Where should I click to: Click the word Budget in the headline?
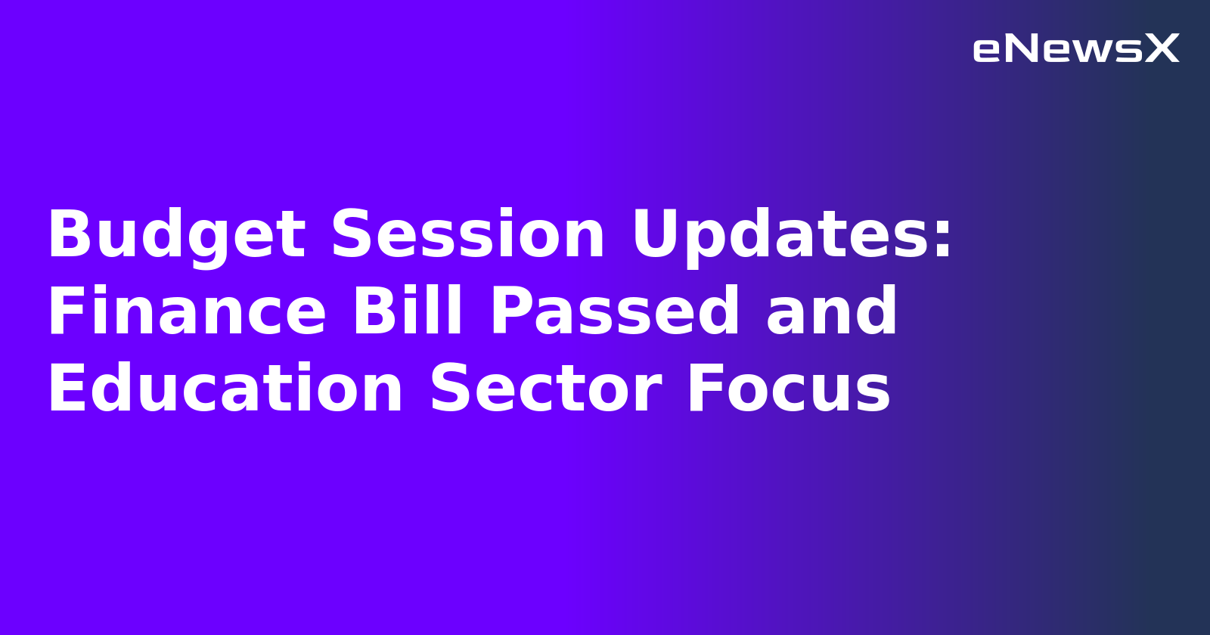[x=176, y=236]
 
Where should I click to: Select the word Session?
[x=468, y=234]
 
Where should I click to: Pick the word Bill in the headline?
[x=408, y=311]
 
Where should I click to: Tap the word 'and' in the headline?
[x=832, y=311]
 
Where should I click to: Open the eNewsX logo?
[x=1075, y=49]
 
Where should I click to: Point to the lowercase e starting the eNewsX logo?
[x=987, y=51]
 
